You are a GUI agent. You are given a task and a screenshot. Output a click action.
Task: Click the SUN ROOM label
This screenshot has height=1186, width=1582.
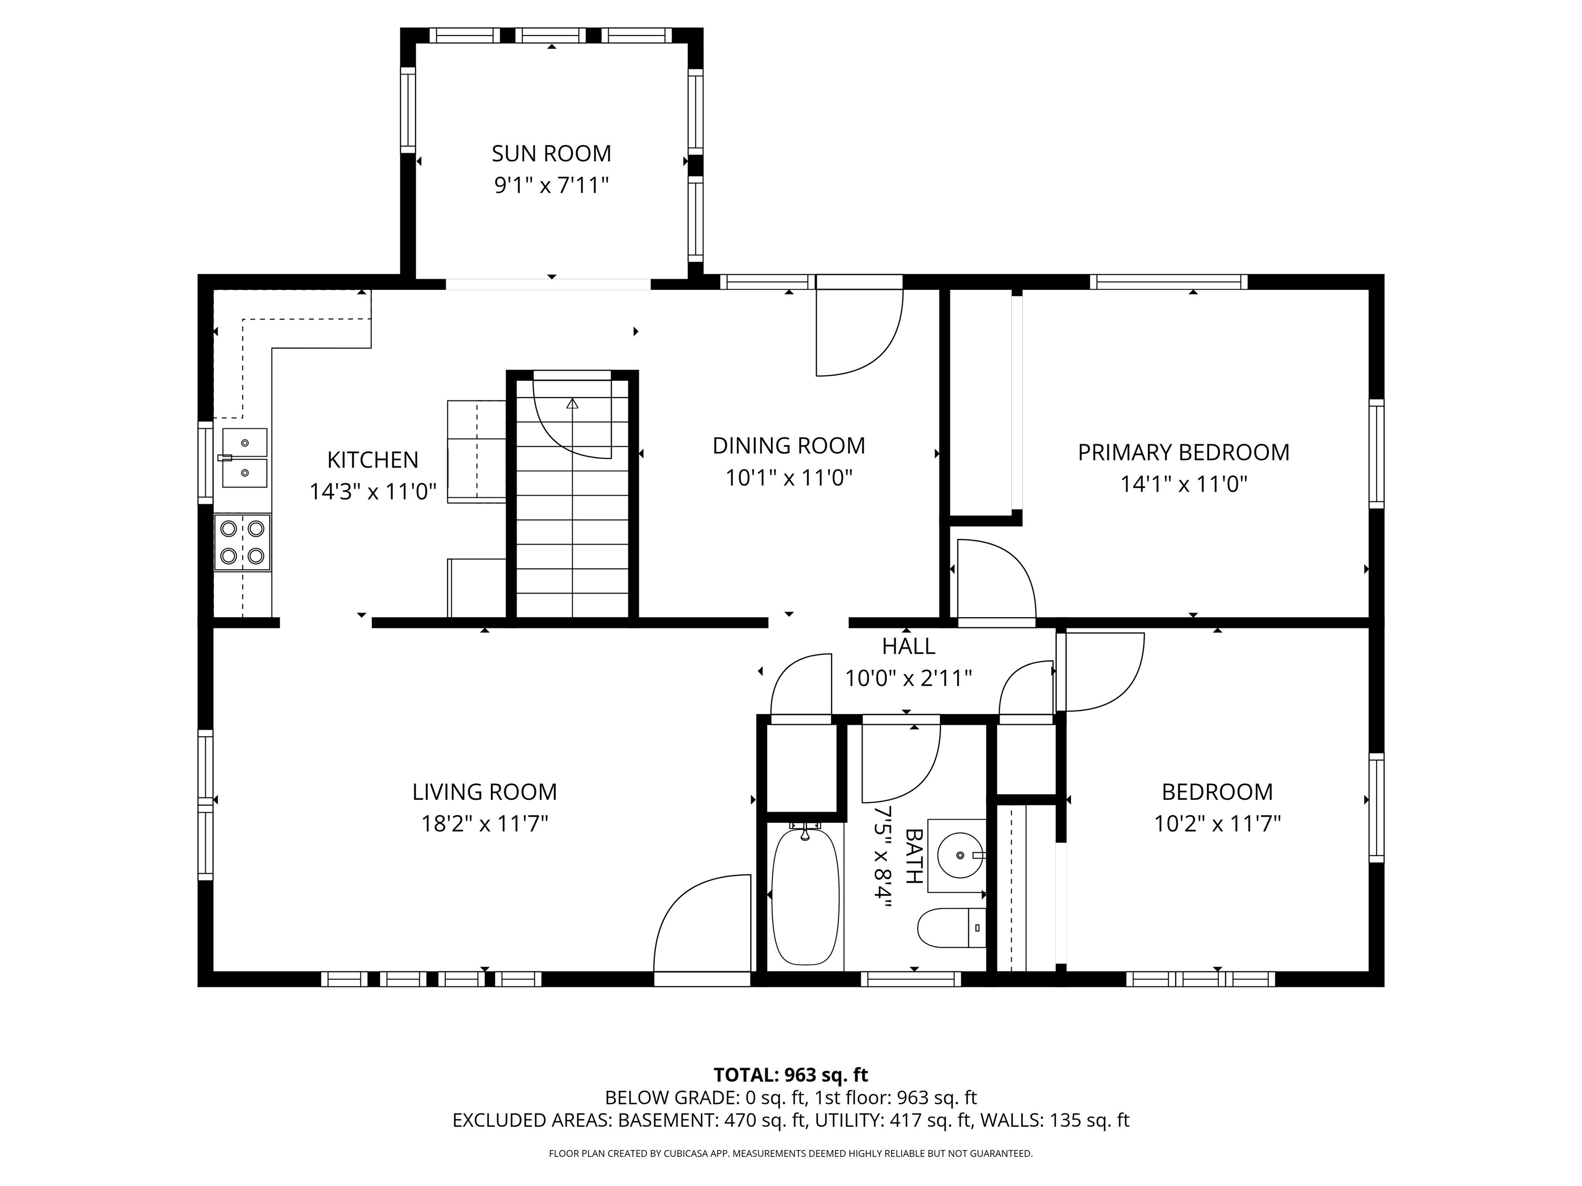[x=552, y=154]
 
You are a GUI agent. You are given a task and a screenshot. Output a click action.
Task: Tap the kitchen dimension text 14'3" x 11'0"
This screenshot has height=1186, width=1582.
[x=373, y=492]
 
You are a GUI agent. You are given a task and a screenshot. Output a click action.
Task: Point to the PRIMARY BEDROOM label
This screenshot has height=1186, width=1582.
[x=1183, y=452]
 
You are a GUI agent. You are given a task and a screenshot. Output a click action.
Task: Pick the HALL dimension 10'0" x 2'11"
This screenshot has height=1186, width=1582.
[x=908, y=678]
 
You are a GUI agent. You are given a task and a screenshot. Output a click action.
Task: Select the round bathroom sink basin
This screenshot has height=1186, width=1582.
[x=960, y=855]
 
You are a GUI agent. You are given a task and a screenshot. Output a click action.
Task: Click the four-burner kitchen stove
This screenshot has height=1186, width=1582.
[x=243, y=542]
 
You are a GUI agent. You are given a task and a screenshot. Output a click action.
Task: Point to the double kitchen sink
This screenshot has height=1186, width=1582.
[x=245, y=458]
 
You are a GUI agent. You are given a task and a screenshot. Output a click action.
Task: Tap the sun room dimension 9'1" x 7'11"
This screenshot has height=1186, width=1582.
[x=552, y=186]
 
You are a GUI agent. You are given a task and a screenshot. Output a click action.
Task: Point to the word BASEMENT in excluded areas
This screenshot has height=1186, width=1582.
[x=666, y=1120]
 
